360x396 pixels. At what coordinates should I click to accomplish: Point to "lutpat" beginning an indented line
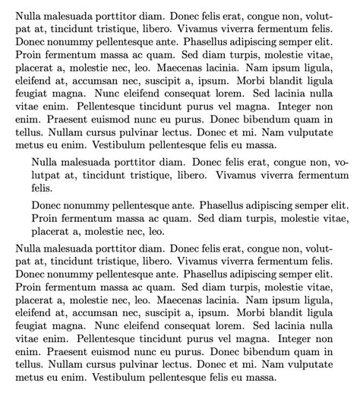click(x=48, y=175)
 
